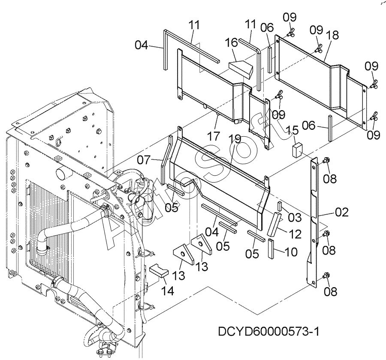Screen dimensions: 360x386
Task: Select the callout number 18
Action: click(x=331, y=35)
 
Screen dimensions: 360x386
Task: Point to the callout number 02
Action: click(x=342, y=211)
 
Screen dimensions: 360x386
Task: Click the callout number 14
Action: click(x=167, y=290)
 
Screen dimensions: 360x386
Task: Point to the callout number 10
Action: click(x=290, y=252)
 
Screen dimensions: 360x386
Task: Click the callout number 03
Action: click(x=295, y=217)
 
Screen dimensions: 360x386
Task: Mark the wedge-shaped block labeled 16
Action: click(x=240, y=67)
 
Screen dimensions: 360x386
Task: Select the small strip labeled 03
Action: click(x=279, y=206)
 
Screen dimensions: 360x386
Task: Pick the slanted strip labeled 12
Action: click(x=274, y=224)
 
